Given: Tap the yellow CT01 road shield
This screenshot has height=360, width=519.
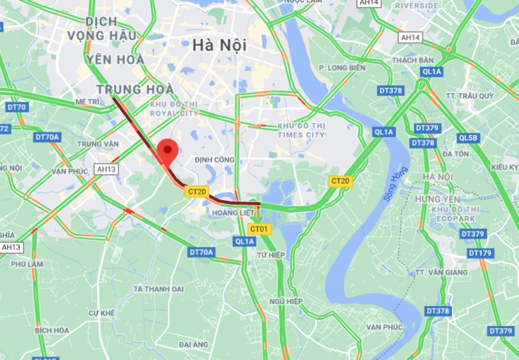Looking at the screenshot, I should [x=259, y=229].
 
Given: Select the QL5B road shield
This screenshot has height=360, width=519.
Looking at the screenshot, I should [x=467, y=138].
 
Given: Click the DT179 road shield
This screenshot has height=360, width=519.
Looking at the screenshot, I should [x=480, y=253].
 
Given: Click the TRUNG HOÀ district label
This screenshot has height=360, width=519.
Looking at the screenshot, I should [x=135, y=89].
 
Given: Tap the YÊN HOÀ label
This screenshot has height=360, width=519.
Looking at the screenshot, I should [x=115, y=60].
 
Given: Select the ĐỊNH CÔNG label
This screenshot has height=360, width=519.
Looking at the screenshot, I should [x=214, y=160].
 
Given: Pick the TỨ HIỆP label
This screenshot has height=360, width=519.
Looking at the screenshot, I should [x=270, y=255].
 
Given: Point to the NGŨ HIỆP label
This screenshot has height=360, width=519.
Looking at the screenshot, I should [x=286, y=301].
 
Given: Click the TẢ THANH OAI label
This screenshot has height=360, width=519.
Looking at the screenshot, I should [x=158, y=288].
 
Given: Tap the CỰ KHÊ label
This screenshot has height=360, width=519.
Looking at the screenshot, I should [x=102, y=312].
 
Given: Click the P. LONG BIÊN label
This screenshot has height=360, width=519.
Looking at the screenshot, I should [x=342, y=68].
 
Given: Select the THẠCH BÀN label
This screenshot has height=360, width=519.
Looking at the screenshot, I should [x=412, y=60].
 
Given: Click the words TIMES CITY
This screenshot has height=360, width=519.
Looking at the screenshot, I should [x=302, y=135].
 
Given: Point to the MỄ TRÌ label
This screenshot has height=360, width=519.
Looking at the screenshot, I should [x=87, y=102].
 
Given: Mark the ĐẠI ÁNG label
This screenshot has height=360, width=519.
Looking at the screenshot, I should [x=194, y=345].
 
